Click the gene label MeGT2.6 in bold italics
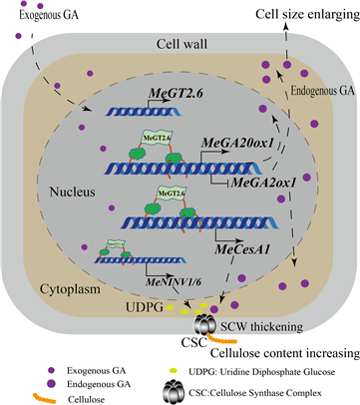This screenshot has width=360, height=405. tap(174, 93)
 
